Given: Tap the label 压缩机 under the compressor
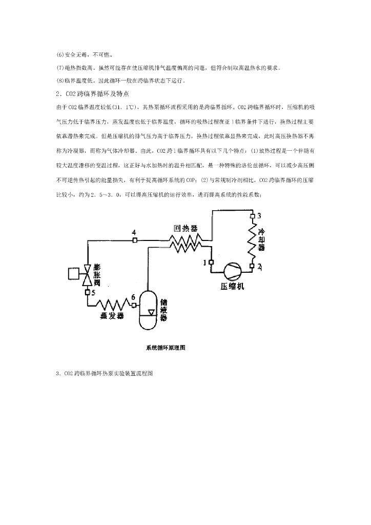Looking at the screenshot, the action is point(232,286).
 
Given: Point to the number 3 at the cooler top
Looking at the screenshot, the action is point(259,215).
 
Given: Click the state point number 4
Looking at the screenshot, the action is point(134,233).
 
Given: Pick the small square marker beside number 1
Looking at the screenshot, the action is point(211,262).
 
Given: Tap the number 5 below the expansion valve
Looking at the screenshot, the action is point(93,293).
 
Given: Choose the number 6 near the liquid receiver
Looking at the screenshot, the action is point(133,298).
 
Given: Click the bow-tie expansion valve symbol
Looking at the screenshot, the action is point(88,274).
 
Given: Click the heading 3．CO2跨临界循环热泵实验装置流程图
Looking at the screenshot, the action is point(105,373).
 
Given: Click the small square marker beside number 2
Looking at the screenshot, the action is point(252,266).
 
